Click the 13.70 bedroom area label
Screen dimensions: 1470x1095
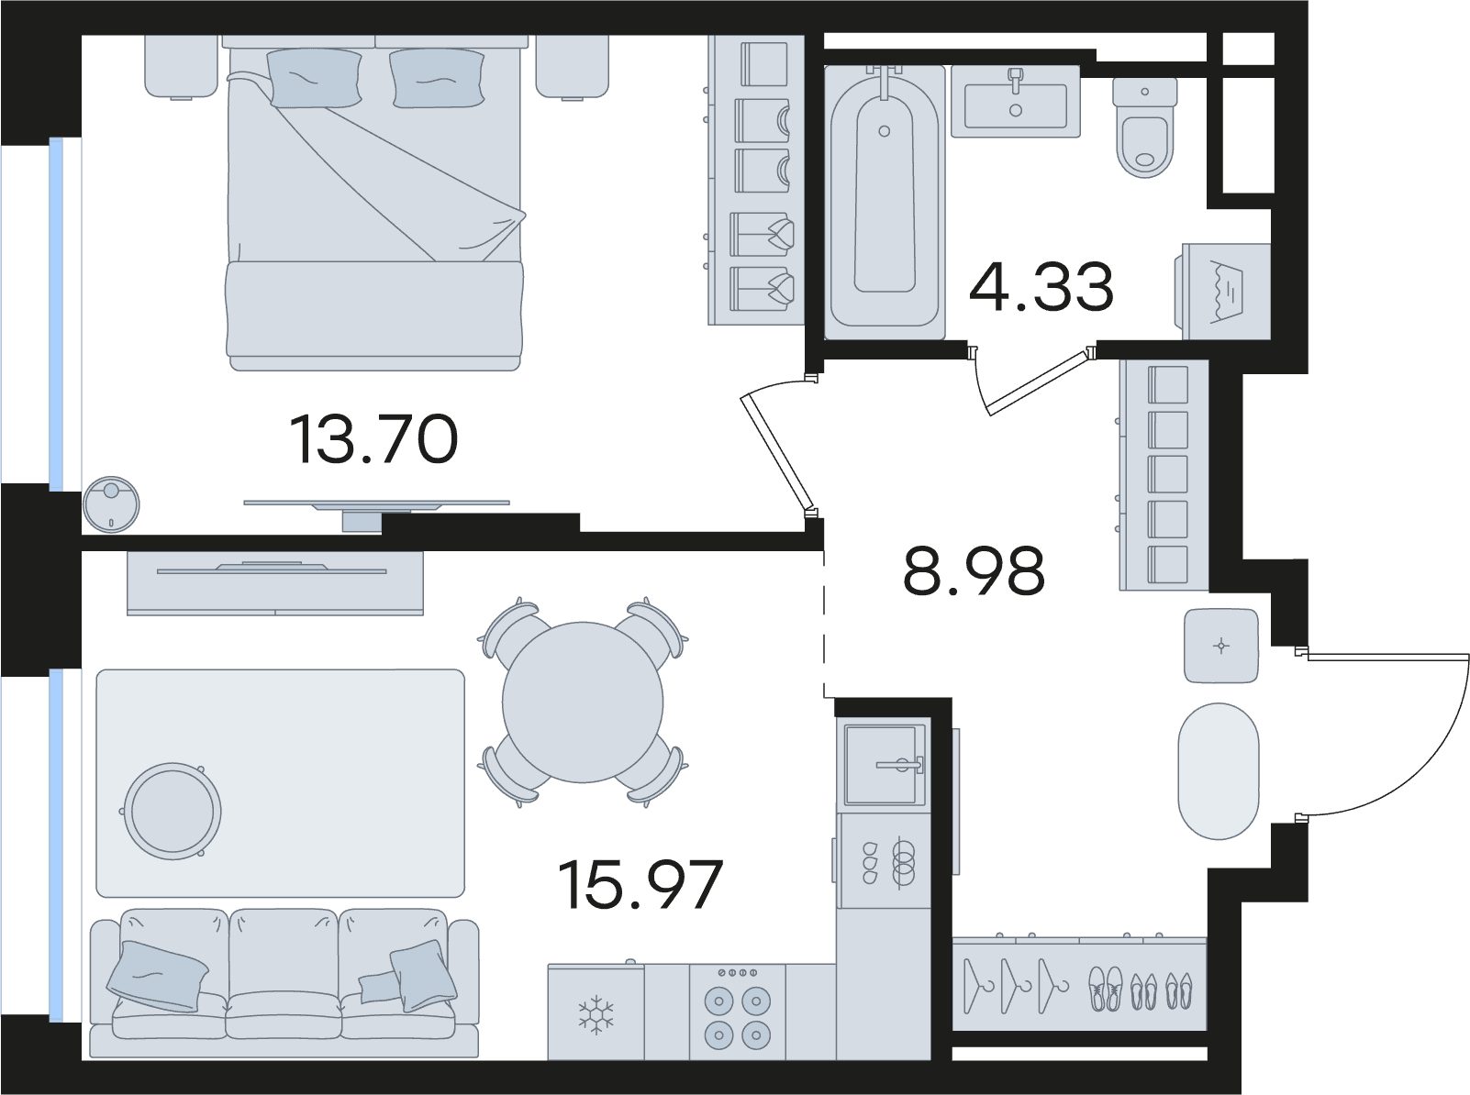tap(373, 439)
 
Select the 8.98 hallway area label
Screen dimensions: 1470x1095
tap(974, 571)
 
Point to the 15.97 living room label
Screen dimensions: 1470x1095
tap(640, 885)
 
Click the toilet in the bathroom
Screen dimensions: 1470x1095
tap(1145, 127)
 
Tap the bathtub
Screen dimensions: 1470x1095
tap(885, 201)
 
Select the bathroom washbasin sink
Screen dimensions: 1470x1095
tap(1015, 101)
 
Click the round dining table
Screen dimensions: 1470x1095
tap(583, 702)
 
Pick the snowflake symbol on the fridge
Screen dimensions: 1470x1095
tap(596, 1015)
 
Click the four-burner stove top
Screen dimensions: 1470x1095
tap(738, 1012)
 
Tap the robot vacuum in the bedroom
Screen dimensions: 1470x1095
tap(111, 504)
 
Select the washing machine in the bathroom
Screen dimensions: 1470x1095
tap(1225, 291)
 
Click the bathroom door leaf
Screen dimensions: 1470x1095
tap(1038, 382)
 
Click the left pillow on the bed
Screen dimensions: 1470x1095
tap(314, 78)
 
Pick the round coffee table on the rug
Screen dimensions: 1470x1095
tap(173, 812)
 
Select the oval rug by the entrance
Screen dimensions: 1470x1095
tap(1219, 771)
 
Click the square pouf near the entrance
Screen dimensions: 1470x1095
tap(1220, 646)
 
